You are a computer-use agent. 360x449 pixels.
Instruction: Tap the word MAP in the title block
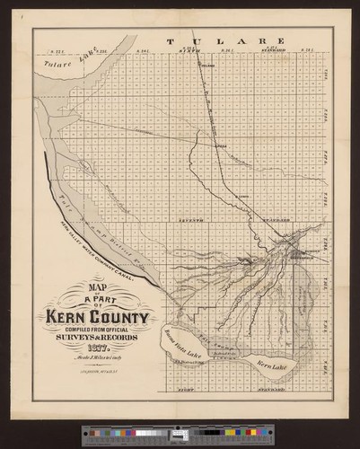click(79, 289)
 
